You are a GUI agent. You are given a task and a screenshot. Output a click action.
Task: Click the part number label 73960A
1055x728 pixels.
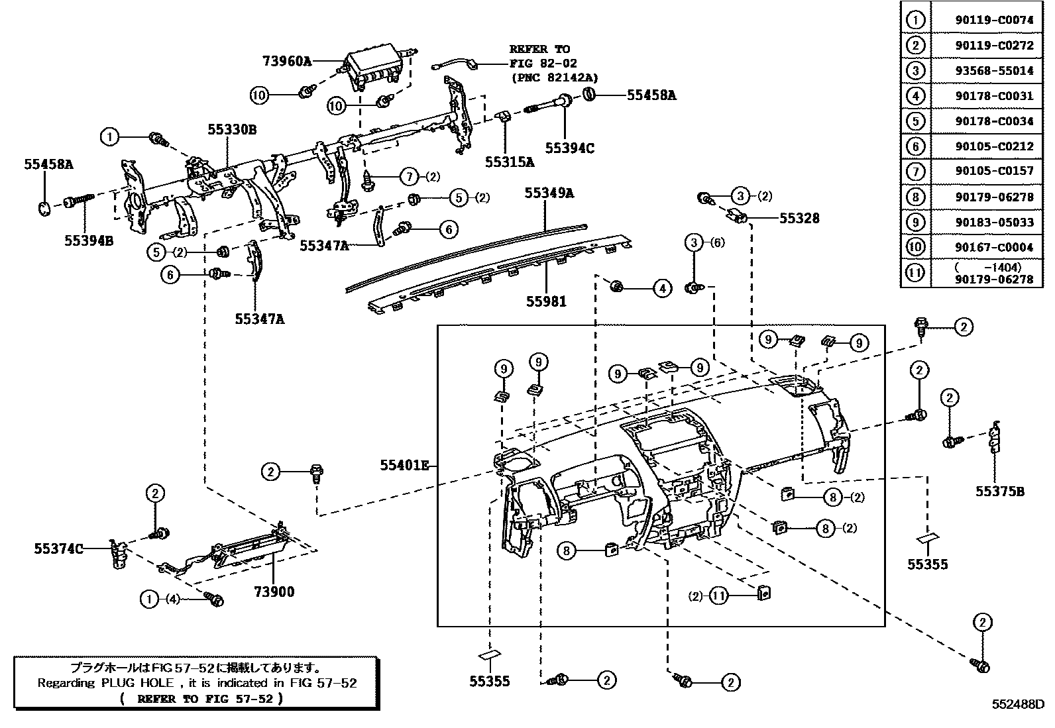[x=286, y=61]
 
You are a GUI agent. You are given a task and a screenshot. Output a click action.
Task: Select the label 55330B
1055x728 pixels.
[x=231, y=130]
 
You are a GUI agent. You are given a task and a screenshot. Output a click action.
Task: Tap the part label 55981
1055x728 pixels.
[x=546, y=301]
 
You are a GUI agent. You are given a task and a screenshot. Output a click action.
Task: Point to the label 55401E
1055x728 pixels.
[x=404, y=465]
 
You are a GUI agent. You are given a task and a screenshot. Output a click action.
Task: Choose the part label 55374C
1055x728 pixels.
[x=58, y=548]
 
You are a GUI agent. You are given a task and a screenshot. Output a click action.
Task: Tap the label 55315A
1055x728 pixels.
[x=509, y=161]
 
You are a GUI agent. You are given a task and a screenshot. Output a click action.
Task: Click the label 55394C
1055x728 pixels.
[x=569, y=148]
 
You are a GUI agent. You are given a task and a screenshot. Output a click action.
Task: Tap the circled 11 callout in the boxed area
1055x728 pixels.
[x=718, y=596]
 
